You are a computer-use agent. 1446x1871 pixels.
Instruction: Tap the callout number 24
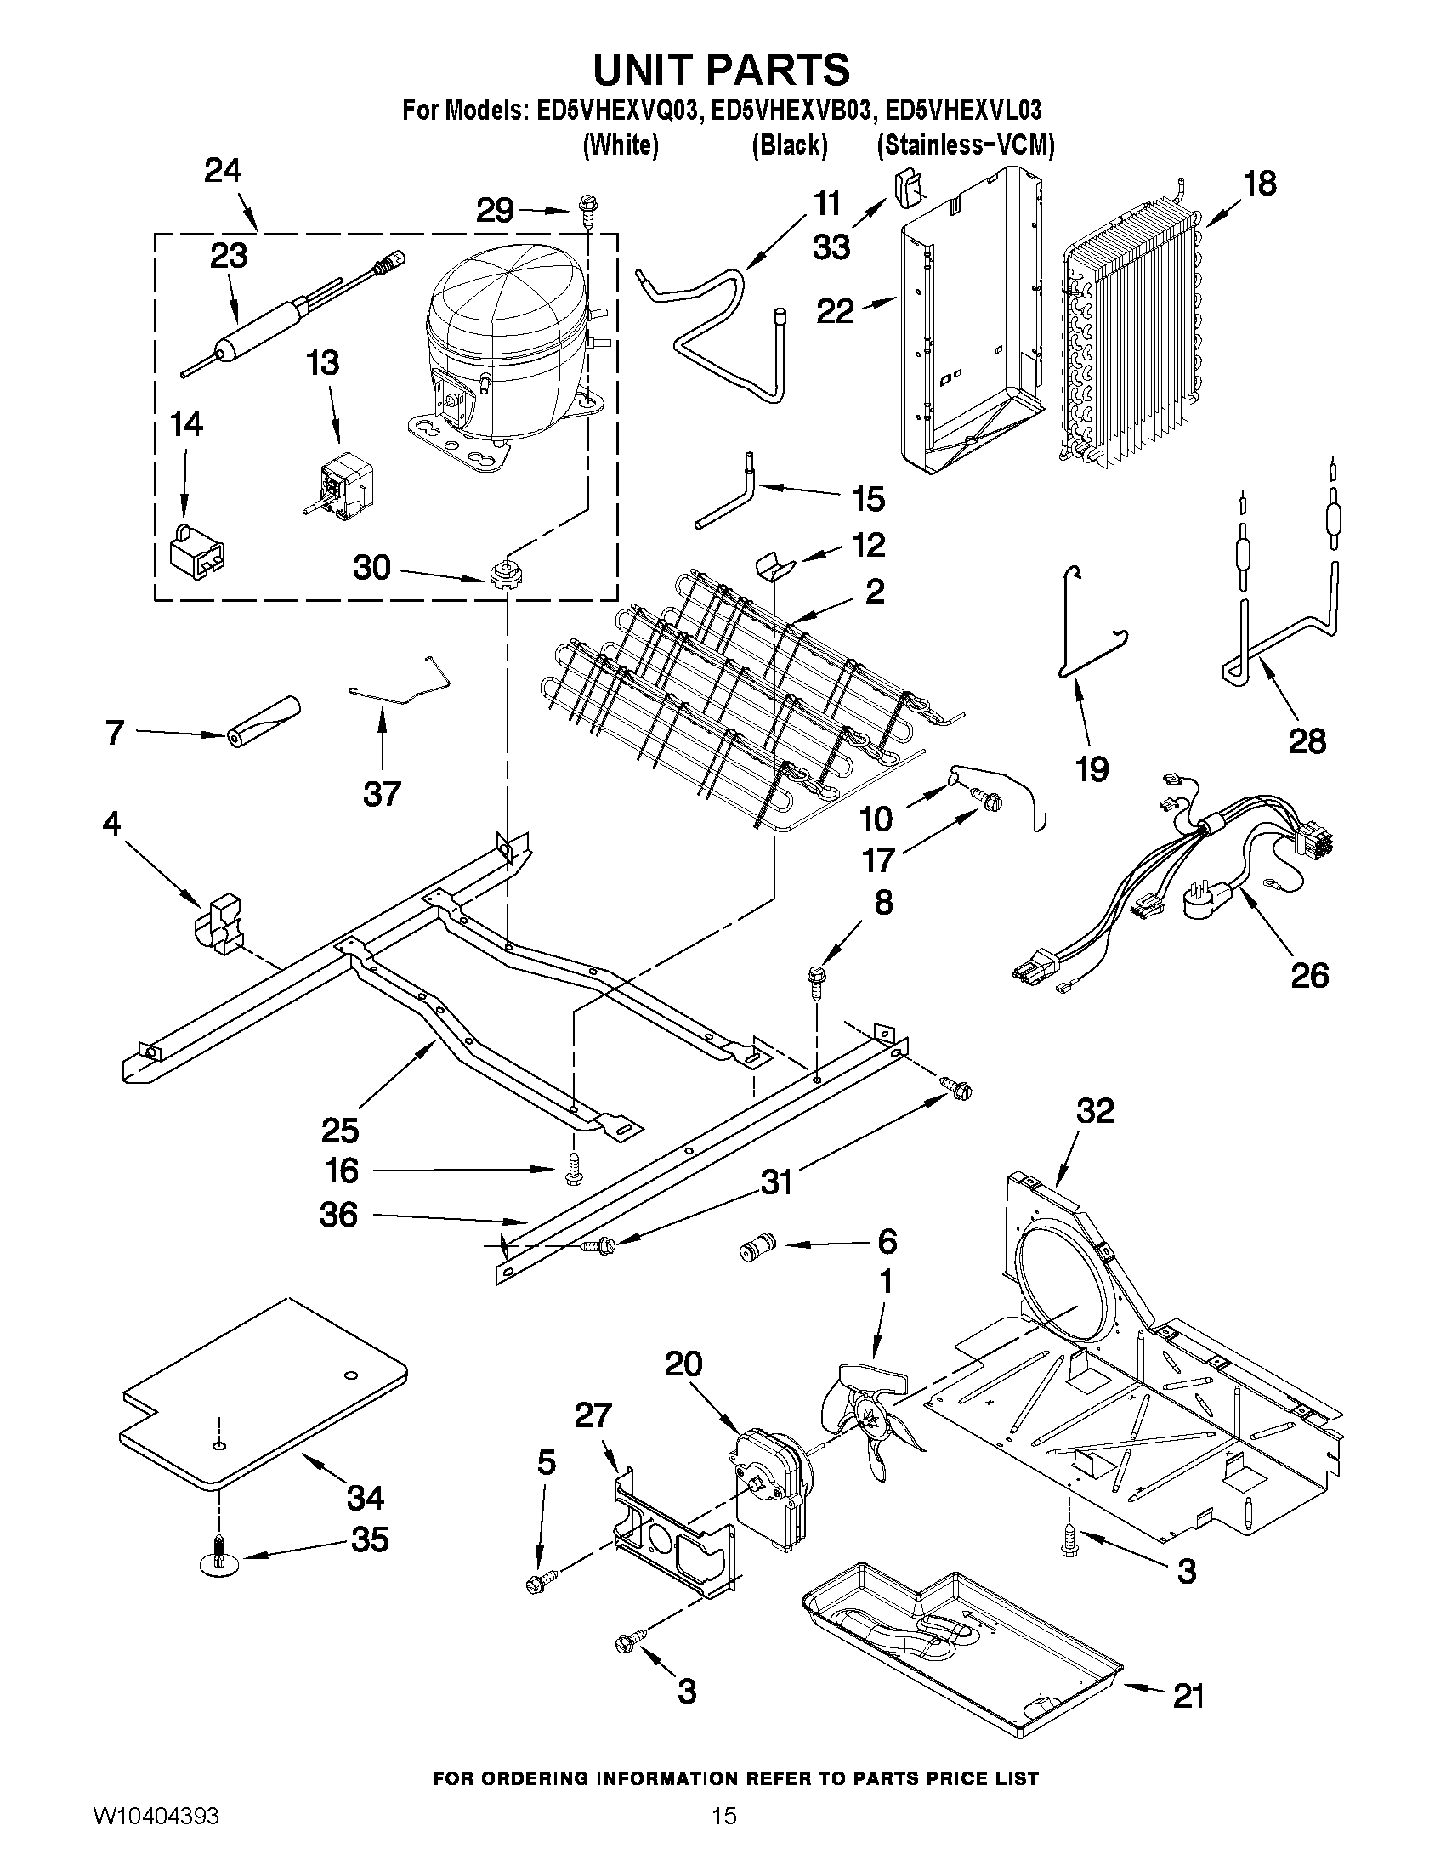[x=223, y=172]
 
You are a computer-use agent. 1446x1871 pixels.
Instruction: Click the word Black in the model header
[x=789, y=145]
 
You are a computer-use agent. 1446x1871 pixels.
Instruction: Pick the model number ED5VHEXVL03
[x=963, y=111]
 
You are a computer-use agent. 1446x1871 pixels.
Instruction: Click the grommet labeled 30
[x=506, y=572]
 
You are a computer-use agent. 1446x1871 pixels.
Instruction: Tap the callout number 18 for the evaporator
[x=1259, y=184]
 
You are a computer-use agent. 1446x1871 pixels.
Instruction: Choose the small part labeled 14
[x=197, y=551]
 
